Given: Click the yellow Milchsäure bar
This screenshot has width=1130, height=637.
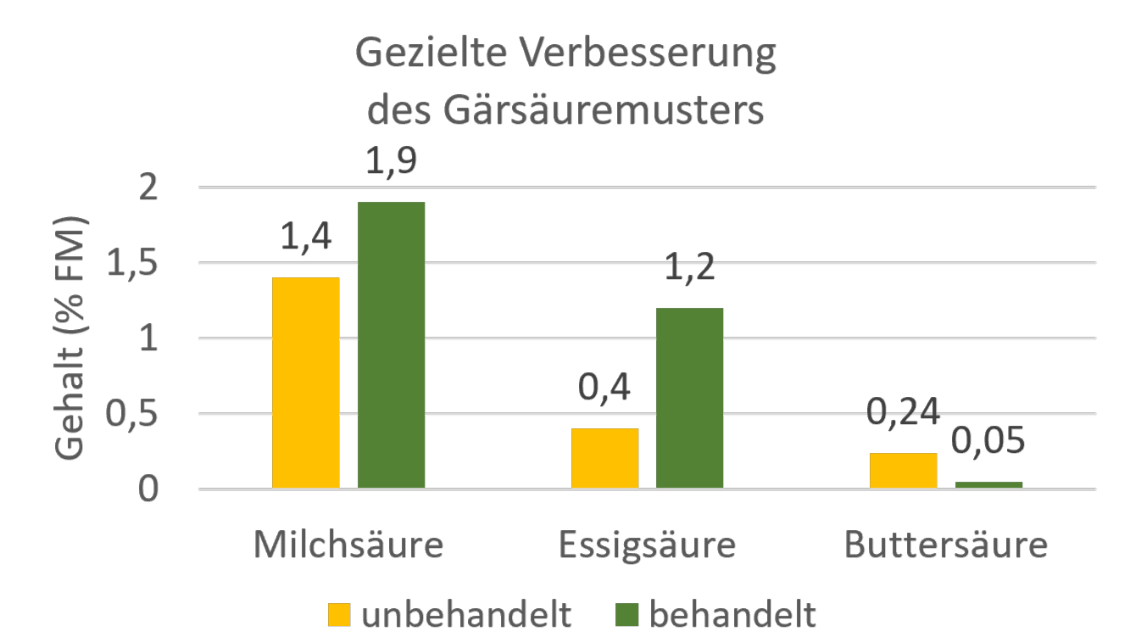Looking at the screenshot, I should (x=305, y=383).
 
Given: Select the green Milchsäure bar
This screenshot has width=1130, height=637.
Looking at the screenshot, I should (x=391, y=345).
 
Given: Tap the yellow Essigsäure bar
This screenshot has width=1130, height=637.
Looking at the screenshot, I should (x=604, y=458).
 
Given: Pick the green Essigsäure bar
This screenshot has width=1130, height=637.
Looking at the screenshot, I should (x=689, y=398).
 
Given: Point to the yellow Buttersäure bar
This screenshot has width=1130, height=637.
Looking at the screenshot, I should (x=903, y=471).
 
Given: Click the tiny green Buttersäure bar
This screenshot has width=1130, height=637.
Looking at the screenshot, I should (x=988, y=485).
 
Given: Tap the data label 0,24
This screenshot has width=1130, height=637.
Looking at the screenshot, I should (x=903, y=413).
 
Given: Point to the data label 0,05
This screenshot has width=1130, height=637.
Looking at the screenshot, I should (x=988, y=441).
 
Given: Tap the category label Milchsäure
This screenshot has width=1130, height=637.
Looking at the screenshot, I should (x=348, y=545).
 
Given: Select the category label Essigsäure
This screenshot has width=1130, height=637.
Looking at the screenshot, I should (x=647, y=545).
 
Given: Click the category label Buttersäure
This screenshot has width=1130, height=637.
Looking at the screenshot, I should (x=946, y=545).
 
